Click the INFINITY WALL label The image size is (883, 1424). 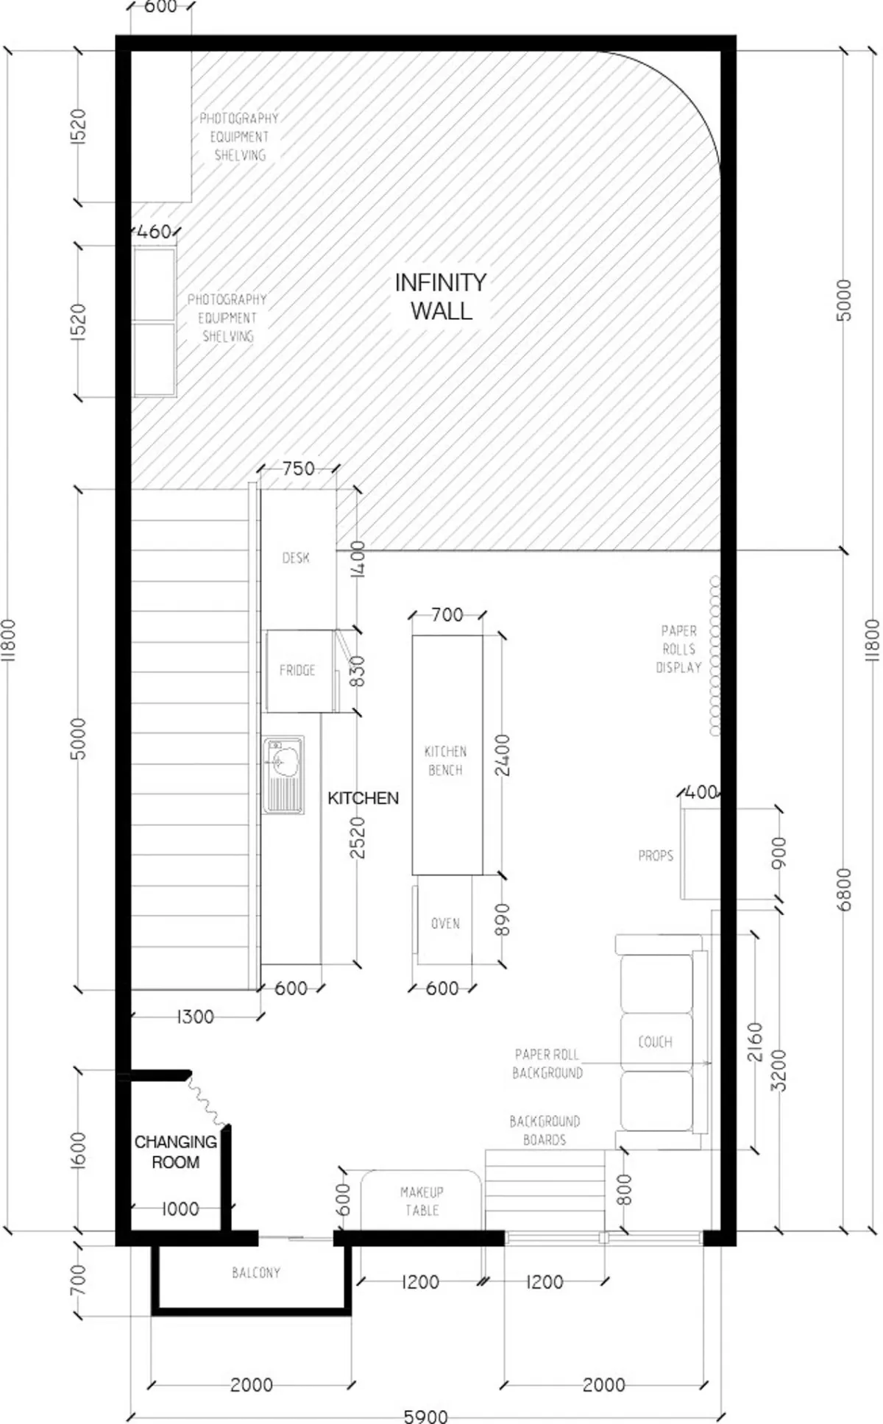point(441,296)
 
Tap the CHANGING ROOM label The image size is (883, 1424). point(175,1152)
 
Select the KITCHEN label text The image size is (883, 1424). point(363,798)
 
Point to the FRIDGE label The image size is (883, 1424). point(297,670)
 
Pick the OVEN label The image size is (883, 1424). point(445,923)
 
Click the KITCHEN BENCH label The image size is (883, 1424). point(445,761)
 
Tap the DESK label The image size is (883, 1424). point(296,558)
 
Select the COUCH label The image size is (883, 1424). point(655,1042)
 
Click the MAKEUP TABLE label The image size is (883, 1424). point(422,1200)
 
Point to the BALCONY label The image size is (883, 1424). point(256,1272)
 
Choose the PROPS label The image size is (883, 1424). point(656,855)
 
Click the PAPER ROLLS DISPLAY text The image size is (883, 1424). point(678,649)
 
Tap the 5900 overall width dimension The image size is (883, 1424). point(426,1415)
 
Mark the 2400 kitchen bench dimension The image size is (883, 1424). point(503,755)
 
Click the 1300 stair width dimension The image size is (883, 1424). point(195,1017)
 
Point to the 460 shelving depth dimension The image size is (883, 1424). point(155,232)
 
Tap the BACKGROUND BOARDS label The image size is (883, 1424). point(545,1131)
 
